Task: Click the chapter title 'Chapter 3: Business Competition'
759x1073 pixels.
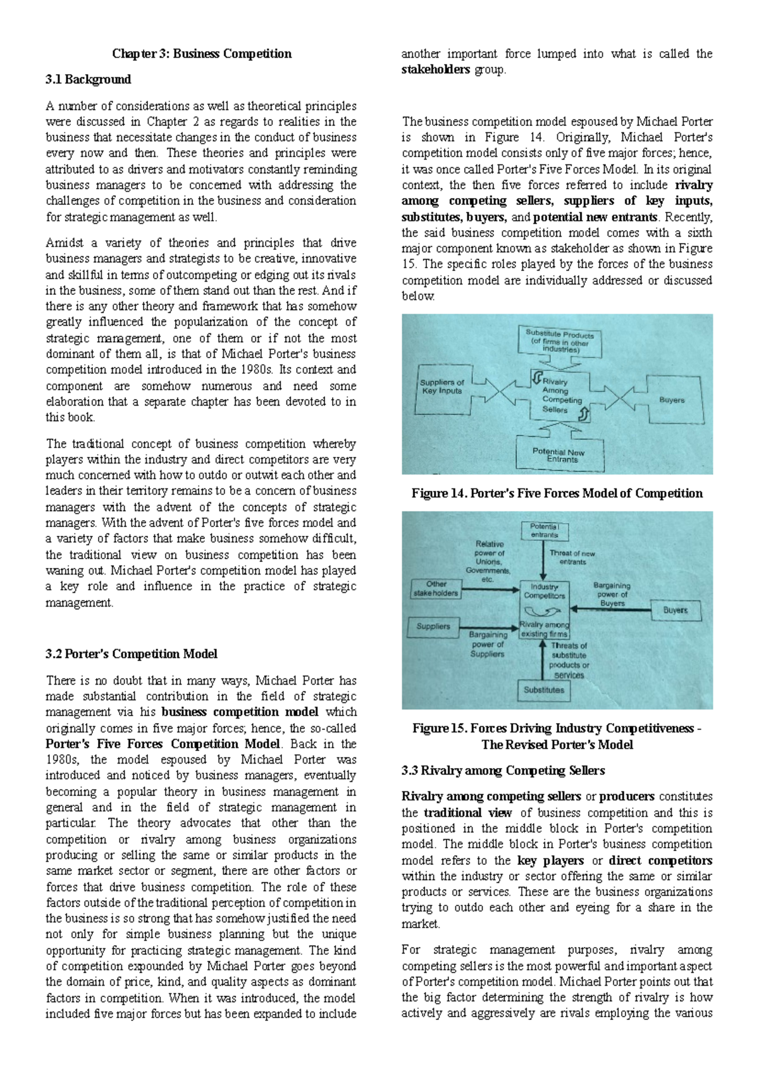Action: [x=201, y=54]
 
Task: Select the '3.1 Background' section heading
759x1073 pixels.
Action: [x=88, y=80]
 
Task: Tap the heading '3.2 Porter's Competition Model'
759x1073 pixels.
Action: [x=131, y=654]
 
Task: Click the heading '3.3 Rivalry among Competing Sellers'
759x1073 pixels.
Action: [x=503, y=771]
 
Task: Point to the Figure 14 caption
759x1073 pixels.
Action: [x=557, y=493]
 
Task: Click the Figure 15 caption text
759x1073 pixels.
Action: [x=557, y=736]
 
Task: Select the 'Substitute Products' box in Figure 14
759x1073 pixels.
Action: [x=559, y=342]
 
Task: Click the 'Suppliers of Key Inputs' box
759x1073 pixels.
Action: [x=442, y=387]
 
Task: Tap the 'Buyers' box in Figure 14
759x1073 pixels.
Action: [x=672, y=400]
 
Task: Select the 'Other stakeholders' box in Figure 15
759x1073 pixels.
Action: [x=435, y=589]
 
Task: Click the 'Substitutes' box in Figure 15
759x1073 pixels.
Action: [x=543, y=690]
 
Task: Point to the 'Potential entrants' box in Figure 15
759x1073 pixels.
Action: [x=544, y=530]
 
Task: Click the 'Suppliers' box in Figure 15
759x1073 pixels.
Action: [x=433, y=626]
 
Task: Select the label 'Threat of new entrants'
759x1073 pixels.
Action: [x=572, y=557]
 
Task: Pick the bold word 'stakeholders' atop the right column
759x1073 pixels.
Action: [x=435, y=70]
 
